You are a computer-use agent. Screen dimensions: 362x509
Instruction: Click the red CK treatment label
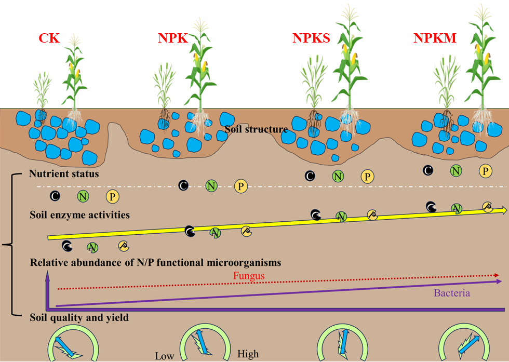49,38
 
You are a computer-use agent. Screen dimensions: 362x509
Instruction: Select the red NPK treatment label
172,38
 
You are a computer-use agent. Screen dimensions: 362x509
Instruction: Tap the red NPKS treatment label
311,38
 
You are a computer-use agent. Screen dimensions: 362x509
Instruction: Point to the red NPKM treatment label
435,38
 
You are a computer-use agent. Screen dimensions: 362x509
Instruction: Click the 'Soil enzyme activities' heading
79,214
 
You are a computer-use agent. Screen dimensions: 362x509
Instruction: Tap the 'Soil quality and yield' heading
79,317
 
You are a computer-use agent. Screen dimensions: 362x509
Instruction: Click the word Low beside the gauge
165,356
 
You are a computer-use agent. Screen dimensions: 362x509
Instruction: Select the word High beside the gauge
248,355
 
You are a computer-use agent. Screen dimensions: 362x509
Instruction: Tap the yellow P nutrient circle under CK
113,196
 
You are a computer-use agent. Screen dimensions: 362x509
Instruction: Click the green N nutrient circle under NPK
211,185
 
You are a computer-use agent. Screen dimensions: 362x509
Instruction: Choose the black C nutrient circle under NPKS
310,176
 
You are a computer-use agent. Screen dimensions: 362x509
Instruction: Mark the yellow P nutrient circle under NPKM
486,170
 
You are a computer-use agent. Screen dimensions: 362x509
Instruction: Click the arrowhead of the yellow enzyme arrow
503,210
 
